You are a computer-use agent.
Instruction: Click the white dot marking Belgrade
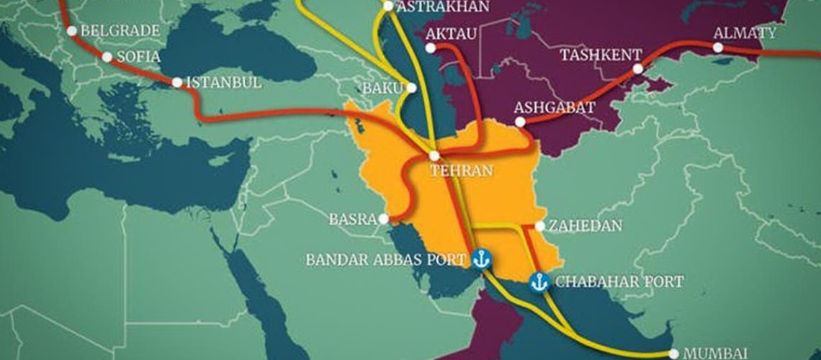point(71,30)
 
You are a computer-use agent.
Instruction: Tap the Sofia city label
point(140,57)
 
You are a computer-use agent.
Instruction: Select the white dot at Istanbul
point(177,82)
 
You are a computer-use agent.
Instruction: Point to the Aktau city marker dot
point(431,48)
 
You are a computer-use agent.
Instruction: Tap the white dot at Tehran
point(434,156)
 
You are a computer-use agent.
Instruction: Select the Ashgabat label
point(555,107)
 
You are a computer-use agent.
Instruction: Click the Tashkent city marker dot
point(638,69)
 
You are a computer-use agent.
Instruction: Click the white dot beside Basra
point(386,219)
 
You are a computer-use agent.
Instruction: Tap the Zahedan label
point(584,226)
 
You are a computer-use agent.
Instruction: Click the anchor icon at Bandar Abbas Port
point(481,257)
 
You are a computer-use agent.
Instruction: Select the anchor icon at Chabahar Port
point(538,282)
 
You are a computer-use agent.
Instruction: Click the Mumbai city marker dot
point(673,354)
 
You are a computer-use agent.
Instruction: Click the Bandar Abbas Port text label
point(385,259)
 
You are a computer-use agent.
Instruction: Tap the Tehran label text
point(461,171)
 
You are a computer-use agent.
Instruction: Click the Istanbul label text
point(223,82)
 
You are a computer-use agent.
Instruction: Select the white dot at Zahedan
point(539,226)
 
